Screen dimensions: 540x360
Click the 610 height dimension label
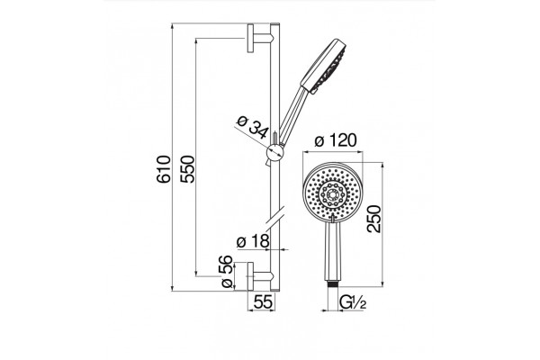click(164, 169)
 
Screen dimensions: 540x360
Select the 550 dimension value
click(188, 169)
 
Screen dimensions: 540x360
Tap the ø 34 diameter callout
click(253, 126)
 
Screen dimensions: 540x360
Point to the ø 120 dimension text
click(336, 140)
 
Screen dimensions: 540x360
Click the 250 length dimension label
click(374, 219)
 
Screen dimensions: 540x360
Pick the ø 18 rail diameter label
click(253, 241)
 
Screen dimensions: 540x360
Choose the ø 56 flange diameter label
click(226, 272)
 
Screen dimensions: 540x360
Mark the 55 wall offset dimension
click(263, 302)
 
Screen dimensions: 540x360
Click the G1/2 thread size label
click(352, 302)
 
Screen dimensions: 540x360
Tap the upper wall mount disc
click(250, 38)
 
